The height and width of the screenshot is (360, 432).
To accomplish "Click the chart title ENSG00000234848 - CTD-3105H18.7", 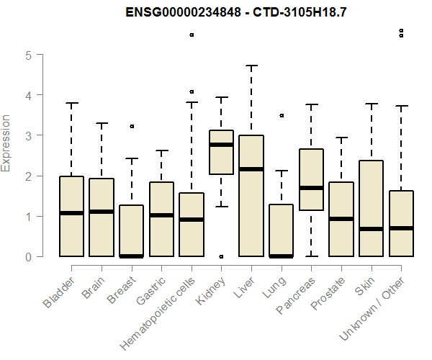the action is coord(236,12).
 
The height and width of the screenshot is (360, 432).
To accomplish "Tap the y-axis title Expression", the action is coord(6,143).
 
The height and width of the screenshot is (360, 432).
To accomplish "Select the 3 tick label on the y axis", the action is coord(29,136).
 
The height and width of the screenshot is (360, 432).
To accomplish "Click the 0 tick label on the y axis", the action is coord(29,257).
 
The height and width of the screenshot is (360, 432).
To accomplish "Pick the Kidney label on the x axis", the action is coord(211,291).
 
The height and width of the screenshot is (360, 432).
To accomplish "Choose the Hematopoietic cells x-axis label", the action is coord(158,313).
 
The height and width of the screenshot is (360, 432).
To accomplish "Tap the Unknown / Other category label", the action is coord(372,308).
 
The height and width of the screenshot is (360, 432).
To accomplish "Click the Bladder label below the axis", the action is coord(59,292).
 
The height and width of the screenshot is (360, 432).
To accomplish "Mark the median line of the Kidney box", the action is coord(221,145).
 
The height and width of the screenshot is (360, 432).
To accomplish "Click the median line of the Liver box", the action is coord(251,169).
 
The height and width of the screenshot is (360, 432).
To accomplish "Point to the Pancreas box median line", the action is coord(311,188).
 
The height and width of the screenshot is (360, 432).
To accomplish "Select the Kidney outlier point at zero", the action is coord(221,257).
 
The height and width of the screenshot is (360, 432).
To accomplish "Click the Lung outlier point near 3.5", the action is coord(282,116).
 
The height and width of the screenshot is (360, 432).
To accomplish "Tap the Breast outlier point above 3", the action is coord(132,127).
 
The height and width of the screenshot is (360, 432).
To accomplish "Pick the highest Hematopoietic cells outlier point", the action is coord(192,35).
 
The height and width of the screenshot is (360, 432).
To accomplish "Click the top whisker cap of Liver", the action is coord(251,66).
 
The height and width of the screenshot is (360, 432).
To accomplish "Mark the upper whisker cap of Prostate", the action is coord(341,138).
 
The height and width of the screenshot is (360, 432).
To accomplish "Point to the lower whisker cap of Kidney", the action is coord(221,207).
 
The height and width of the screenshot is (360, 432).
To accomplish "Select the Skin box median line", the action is coord(371,229).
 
